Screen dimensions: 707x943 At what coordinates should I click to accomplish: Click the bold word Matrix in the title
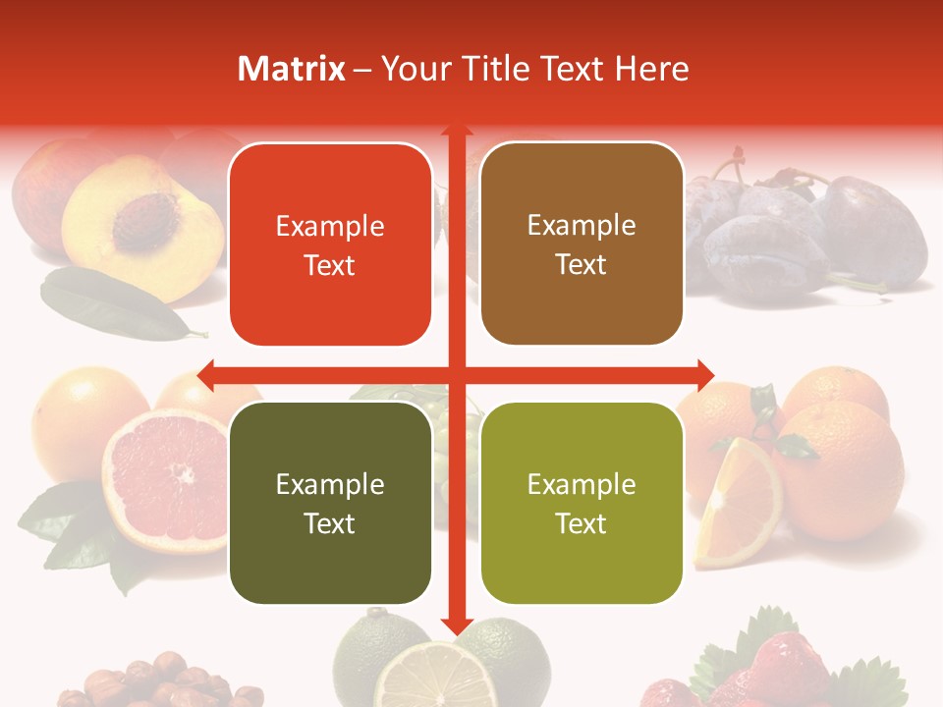292,69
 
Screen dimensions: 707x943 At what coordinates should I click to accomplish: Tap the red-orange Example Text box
330,245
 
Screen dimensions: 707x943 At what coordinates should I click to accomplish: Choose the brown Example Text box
582,245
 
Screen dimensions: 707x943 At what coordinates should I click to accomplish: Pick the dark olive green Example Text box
330,503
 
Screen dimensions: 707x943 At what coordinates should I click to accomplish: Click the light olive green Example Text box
582,503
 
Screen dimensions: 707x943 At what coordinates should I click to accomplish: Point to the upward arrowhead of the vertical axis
456,132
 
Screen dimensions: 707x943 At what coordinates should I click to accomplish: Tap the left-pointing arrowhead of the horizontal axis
206,374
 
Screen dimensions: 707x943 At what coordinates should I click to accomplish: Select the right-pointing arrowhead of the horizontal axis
704,374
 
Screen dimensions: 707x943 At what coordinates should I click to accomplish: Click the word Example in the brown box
582,226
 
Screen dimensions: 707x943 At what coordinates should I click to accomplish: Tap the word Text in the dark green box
330,523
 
